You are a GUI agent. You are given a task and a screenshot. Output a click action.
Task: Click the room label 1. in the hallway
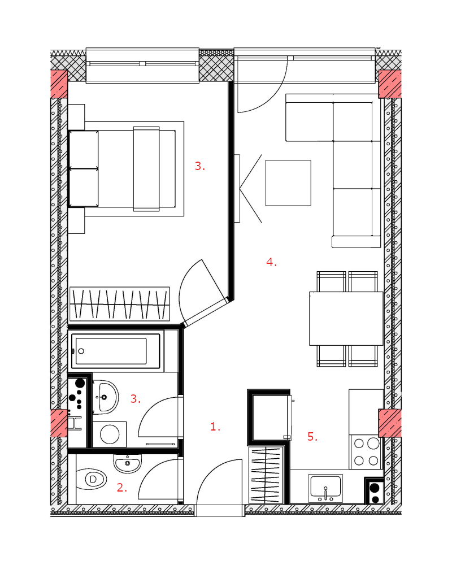pyautogui.click(x=215, y=427)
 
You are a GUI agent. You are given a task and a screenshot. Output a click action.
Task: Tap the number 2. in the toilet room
pyautogui.click(x=122, y=488)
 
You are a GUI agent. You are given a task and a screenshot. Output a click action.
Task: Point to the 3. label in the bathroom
pyautogui.click(x=136, y=399)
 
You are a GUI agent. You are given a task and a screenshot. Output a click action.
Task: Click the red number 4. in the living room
pyautogui.click(x=271, y=262)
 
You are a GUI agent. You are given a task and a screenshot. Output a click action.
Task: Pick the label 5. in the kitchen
pyautogui.click(x=312, y=437)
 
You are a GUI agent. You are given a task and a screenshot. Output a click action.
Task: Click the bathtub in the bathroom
pyautogui.click(x=116, y=351)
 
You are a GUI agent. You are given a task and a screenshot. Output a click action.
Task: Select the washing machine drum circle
pyautogui.click(x=110, y=434)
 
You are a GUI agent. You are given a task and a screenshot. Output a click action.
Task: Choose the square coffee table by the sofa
pyautogui.click(x=288, y=183)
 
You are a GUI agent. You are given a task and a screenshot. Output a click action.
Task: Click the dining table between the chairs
pyautogui.click(x=346, y=319)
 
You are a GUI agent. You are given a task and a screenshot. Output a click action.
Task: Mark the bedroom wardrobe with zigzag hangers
pyautogui.click(x=119, y=304)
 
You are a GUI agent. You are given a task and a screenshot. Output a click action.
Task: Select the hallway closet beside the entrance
pyautogui.click(x=266, y=475)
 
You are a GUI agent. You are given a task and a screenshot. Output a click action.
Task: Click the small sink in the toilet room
pyautogui.click(x=128, y=463)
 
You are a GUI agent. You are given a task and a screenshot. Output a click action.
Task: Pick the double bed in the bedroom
pyautogui.click(x=126, y=168)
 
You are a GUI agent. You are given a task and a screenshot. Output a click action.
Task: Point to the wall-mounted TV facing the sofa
pyautogui.click(x=237, y=189)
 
